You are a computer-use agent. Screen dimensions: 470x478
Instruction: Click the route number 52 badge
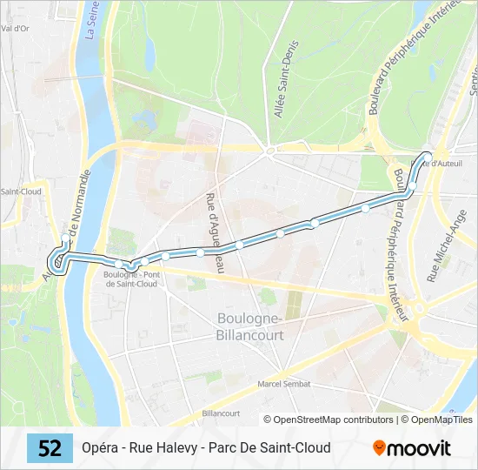click(x=50, y=448)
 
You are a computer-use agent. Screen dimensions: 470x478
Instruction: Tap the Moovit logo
click(x=412, y=448)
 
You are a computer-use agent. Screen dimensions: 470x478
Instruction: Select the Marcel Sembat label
click(x=283, y=384)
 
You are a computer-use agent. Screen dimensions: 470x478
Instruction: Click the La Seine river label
click(x=90, y=20)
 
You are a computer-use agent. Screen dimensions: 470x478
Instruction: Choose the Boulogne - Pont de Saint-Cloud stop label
click(x=130, y=279)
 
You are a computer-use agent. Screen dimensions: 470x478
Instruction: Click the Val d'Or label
click(x=16, y=28)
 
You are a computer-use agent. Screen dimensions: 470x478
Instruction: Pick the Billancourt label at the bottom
click(x=220, y=413)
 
